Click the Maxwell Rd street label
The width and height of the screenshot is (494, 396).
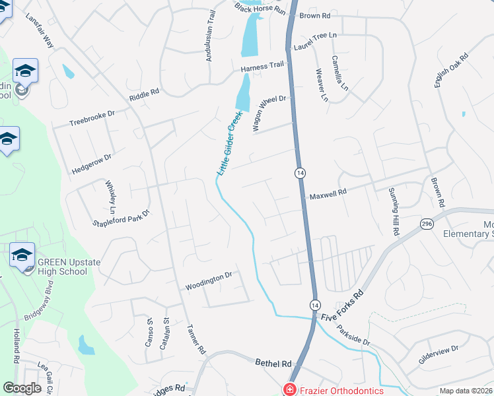328,194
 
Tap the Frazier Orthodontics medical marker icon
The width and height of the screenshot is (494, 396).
289,390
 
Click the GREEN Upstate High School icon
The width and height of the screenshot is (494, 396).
22,253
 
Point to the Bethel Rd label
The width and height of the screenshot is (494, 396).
273,363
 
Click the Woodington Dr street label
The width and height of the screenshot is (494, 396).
209,284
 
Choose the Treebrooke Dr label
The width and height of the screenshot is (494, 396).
92,118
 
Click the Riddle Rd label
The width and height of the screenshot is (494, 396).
145,95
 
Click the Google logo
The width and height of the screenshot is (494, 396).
22,388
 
